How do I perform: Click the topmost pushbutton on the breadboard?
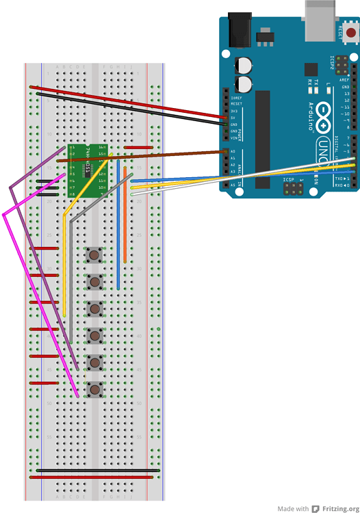point(95,256)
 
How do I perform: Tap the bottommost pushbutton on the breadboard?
point(95,390)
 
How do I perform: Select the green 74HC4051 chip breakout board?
point(89,170)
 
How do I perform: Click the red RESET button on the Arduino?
point(350,32)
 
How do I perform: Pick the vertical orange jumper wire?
point(125,219)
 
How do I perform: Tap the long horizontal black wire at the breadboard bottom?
point(96,470)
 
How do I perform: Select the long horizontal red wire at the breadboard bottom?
point(96,477)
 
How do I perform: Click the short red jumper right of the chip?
point(138,147)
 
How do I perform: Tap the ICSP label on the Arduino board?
point(289,180)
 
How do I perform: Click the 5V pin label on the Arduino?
point(234,118)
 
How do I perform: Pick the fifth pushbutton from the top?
point(95,363)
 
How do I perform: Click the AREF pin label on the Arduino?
point(344,80)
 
